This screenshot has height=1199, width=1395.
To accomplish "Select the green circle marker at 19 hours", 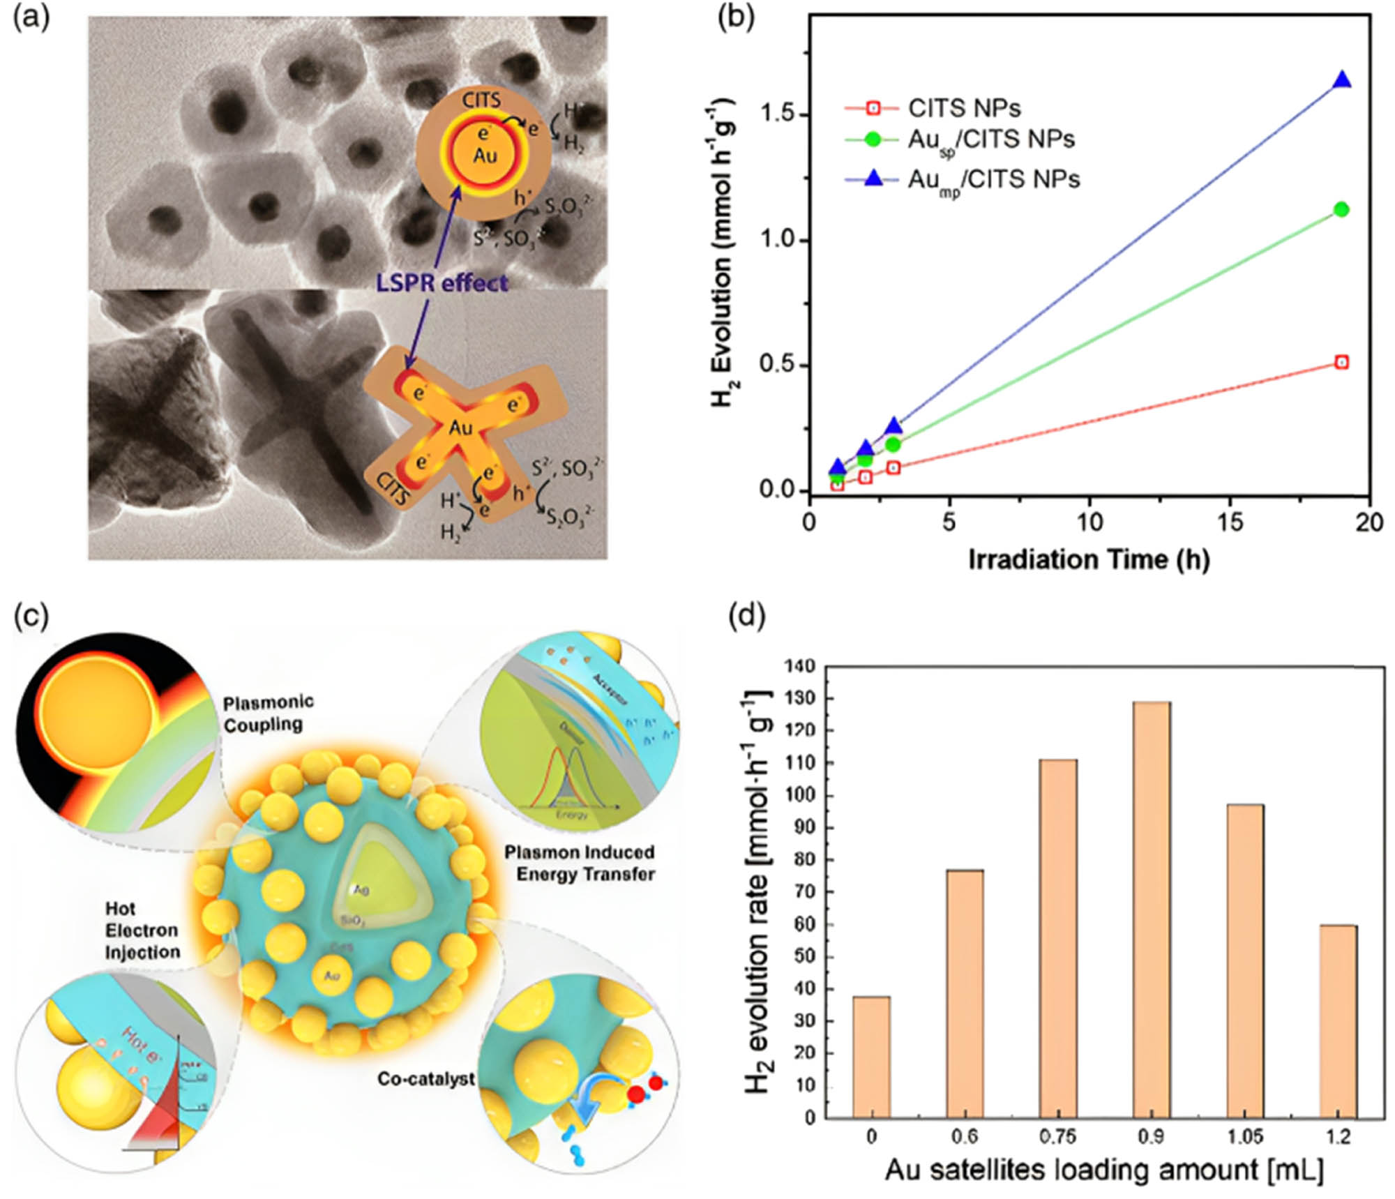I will (1341, 209).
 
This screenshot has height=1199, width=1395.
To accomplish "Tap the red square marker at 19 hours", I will (1341, 362).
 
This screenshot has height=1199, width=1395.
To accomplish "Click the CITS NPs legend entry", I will (963, 108).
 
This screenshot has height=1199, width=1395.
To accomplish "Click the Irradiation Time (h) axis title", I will (1088, 560).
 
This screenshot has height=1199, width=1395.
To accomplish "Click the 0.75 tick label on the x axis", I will (1057, 1138).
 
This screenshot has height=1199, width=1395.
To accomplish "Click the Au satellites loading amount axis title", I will (1103, 1170).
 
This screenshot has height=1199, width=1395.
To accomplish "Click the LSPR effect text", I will (442, 282).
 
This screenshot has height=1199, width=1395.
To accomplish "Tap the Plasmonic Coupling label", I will (268, 712).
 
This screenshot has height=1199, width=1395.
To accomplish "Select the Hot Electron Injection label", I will (142, 930).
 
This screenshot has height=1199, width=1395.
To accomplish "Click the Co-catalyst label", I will (425, 1078).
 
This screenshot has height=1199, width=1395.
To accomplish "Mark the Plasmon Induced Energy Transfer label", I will (580, 863).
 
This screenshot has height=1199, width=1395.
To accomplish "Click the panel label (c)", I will (31, 616).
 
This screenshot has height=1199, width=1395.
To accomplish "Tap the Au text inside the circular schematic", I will (485, 154).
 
